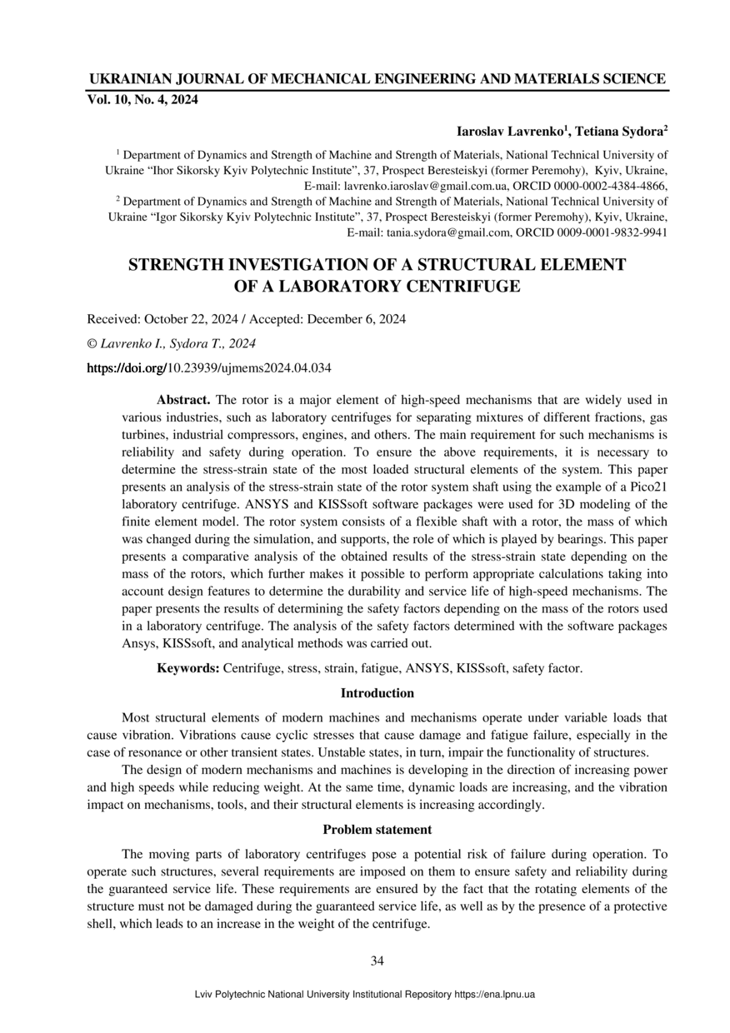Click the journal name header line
pos(377,79)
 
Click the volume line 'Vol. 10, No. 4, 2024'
pos(142,101)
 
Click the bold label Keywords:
pos(188,668)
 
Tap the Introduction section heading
pos(377,693)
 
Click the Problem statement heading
pos(377,830)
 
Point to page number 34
pos(377,961)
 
